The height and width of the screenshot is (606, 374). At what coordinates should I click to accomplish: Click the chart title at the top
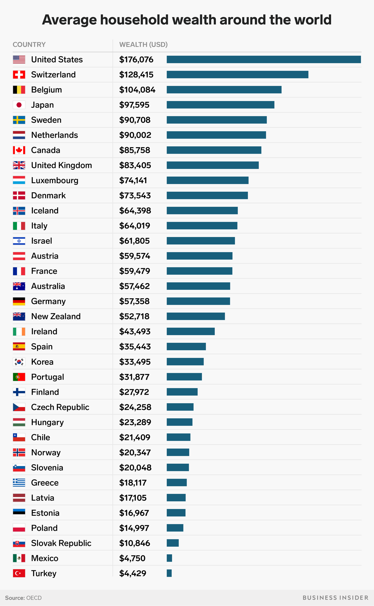click(187, 20)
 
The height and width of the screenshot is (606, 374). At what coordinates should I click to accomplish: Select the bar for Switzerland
click(237, 75)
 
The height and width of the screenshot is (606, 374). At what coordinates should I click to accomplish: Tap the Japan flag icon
click(19, 105)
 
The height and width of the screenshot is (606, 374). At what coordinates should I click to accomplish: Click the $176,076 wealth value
click(136, 60)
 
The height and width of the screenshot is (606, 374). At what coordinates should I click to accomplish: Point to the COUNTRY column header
click(29, 44)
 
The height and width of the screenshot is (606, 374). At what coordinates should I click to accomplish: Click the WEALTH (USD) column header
click(143, 44)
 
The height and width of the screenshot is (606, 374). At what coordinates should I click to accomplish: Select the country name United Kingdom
click(61, 165)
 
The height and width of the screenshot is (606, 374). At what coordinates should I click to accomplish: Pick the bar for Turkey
click(169, 573)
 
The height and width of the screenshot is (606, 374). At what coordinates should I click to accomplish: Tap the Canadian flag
click(19, 150)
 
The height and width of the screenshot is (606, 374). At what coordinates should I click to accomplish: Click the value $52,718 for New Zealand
click(134, 316)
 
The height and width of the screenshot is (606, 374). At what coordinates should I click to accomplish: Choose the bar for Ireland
click(191, 331)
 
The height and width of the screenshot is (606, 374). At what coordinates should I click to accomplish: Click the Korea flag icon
click(19, 362)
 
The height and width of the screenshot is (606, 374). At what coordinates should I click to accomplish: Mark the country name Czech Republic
click(60, 407)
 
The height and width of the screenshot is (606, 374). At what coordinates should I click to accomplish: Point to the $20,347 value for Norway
click(135, 452)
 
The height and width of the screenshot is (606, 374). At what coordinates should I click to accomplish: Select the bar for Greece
click(176, 483)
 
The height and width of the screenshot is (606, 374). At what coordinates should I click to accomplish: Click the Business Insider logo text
click(335, 598)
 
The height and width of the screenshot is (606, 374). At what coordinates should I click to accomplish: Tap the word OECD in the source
click(34, 598)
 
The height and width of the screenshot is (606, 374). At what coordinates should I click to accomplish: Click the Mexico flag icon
click(19, 558)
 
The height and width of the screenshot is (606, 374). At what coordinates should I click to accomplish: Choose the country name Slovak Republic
click(61, 543)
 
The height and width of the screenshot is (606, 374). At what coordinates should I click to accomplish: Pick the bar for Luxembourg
click(207, 180)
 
